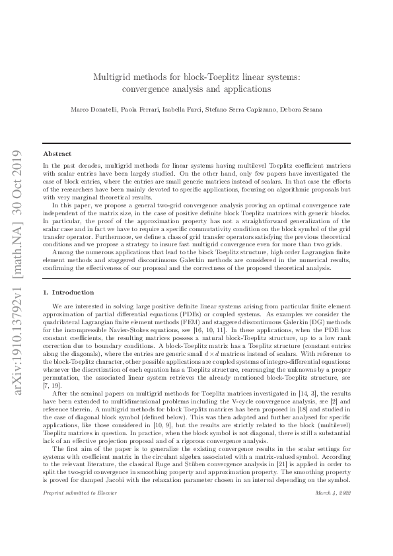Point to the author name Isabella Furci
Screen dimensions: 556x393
184,109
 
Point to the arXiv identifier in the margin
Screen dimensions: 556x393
18,277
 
